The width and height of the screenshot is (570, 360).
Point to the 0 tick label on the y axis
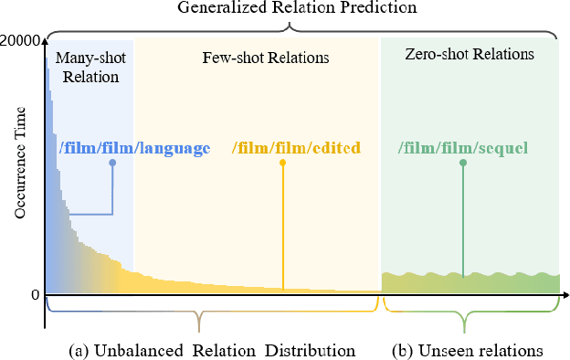pyautogui.click(x=34, y=295)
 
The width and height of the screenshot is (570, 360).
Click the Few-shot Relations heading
pyautogui.click(x=265, y=58)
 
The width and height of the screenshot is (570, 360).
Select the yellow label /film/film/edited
pyautogui.click(x=296, y=147)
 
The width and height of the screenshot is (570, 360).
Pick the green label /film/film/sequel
pyautogui.click(x=463, y=147)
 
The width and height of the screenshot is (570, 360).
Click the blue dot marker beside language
pyautogui.click(x=112, y=163)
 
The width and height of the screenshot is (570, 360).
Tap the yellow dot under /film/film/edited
pyautogui.click(x=282, y=163)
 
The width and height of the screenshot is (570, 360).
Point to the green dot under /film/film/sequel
pyautogui.click(x=463, y=163)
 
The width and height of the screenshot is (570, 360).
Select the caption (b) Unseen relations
pyautogui.click(x=467, y=350)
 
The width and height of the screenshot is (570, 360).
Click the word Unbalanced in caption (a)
pyautogui.click(x=141, y=350)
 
